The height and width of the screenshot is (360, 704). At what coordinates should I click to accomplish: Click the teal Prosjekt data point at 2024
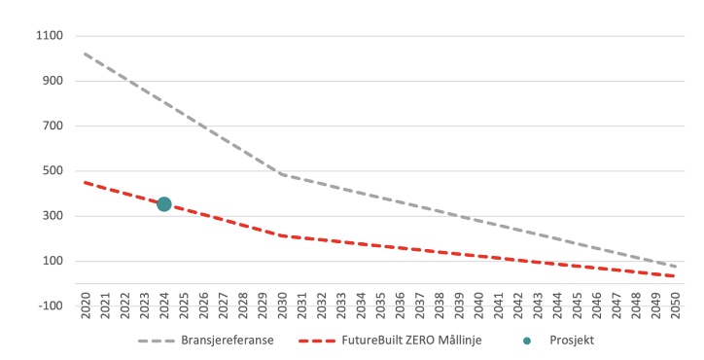(x=164, y=204)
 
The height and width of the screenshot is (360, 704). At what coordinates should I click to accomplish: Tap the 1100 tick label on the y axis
(x=48, y=36)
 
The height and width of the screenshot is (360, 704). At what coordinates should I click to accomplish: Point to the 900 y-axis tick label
(x=51, y=81)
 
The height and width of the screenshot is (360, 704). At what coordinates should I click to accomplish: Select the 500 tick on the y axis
(x=51, y=171)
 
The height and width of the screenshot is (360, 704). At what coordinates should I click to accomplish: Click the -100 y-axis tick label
(x=49, y=306)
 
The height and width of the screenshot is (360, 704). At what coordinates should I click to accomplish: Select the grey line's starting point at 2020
(x=86, y=54)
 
